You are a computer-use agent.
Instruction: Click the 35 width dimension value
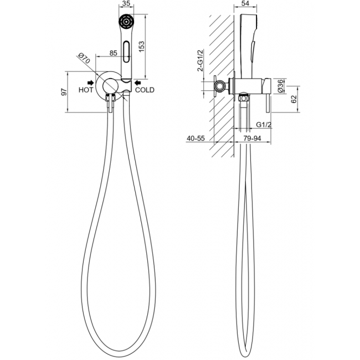point(126,3)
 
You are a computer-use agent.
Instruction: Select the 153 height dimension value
point(141,46)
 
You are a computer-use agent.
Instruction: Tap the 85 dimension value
point(113,53)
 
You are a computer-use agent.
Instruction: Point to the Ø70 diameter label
point(84,59)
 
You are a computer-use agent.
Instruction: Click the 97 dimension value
point(64,92)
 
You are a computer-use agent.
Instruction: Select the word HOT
point(86,90)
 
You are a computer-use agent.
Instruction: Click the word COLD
point(145,90)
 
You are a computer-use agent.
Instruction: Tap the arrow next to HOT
point(91,83)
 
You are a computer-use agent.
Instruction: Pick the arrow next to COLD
point(138,83)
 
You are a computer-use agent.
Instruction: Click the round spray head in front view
point(126,22)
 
